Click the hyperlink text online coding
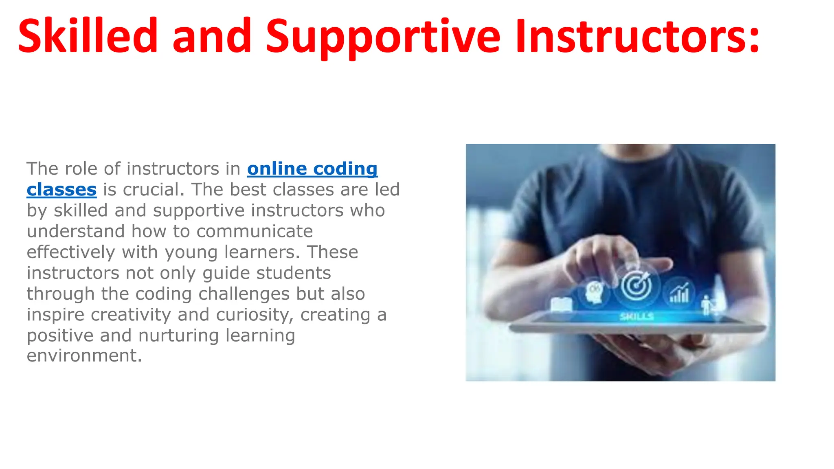tap(312, 169)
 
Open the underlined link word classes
tap(61, 190)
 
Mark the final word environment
tap(84, 355)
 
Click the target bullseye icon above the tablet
tap(636, 286)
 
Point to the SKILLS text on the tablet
tap(637, 316)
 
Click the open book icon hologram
tap(561, 304)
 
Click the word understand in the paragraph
tap(76, 231)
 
